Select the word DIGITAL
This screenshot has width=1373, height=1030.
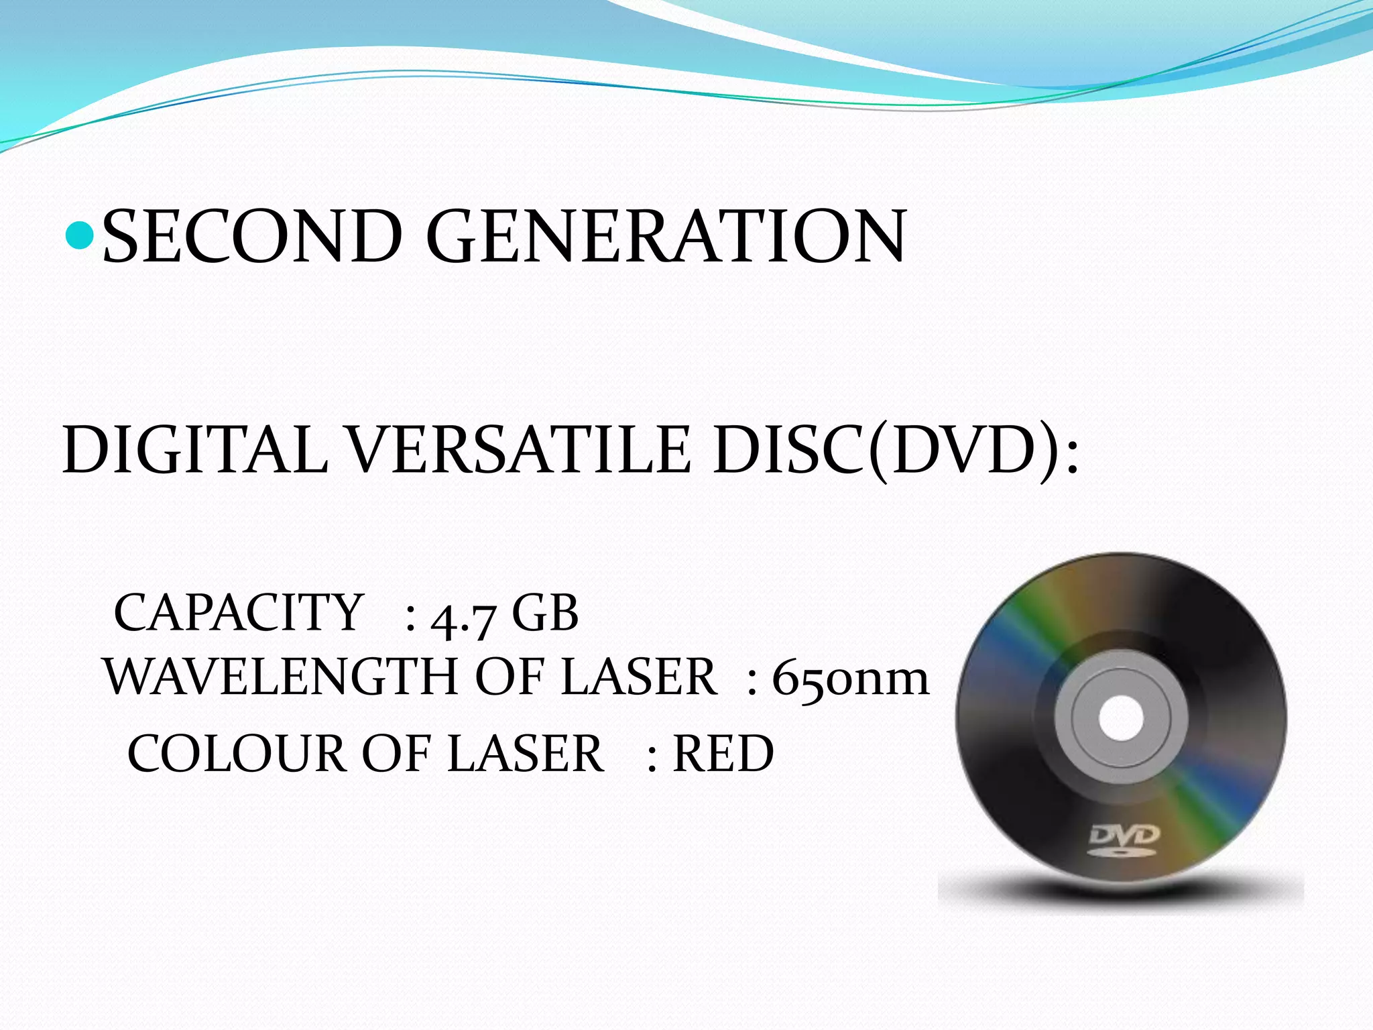195,449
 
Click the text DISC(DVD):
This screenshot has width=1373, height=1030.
895,449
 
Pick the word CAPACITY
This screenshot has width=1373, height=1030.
239,612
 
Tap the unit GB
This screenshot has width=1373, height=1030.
544,612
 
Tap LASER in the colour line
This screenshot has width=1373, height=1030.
526,753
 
